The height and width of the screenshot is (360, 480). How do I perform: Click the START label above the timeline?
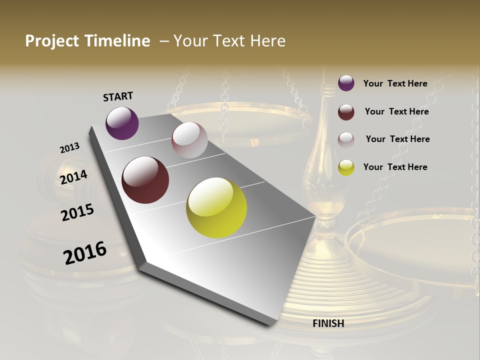(x=118, y=96)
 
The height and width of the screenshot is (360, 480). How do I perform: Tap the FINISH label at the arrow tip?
(x=328, y=323)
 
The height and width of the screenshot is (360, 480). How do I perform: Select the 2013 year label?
(x=69, y=148)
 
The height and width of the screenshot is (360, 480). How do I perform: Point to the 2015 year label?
(x=77, y=212)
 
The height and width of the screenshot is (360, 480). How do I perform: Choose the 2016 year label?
(x=85, y=253)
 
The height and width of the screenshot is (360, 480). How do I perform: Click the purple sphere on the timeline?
(x=122, y=123)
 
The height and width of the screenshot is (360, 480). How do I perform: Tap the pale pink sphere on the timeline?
(x=189, y=140)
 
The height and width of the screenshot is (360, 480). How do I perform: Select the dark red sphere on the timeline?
(x=145, y=180)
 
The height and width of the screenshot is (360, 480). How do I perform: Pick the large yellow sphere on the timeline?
(x=216, y=207)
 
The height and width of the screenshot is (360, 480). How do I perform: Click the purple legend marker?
(x=346, y=83)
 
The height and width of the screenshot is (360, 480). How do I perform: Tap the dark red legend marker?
(x=346, y=111)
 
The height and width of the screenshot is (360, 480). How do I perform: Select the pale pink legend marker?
(x=346, y=139)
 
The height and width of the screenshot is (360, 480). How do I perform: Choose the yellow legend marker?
(x=346, y=167)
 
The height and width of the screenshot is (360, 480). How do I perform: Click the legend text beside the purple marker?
(x=395, y=83)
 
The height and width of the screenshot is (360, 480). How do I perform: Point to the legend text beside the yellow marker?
(x=395, y=167)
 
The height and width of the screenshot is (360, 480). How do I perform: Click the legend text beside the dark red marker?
(x=396, y=111)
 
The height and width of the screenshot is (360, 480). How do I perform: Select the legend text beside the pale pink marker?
(x=397, y=139)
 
